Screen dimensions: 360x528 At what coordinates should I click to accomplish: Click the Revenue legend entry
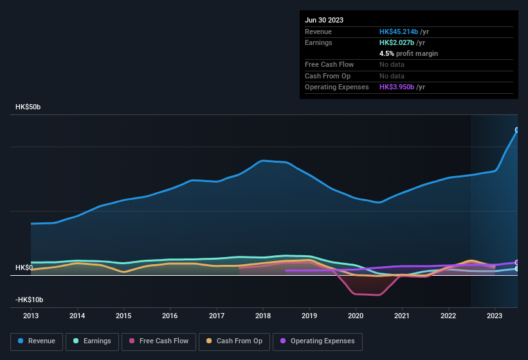point(37,341)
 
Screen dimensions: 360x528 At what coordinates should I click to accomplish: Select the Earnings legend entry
point(92,341)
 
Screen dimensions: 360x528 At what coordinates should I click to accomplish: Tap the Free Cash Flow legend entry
point(159,341)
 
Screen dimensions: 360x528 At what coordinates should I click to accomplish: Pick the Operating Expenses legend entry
point(318,341)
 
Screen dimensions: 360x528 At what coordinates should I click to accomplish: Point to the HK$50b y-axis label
point(28,107)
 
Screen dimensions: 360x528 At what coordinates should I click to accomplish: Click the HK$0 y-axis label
point(24,267)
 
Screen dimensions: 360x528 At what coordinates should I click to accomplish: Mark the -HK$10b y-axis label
point(29,300)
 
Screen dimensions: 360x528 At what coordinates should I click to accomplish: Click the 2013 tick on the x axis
point(31,316)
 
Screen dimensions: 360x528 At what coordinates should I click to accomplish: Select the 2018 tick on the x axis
point(262,316)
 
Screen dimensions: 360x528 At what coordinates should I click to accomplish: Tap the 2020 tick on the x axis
point(355,316)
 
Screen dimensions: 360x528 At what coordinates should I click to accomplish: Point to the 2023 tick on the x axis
point(495,316)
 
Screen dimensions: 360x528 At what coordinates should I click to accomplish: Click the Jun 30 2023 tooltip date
point(324,20)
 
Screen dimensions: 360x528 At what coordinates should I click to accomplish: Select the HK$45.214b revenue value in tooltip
point(398,32)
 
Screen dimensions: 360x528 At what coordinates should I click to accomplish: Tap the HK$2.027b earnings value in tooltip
point(396,42)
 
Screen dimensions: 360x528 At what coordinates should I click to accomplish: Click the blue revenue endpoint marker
point(517,130)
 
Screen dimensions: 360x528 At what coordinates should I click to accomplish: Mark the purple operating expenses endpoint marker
point(517,262)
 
